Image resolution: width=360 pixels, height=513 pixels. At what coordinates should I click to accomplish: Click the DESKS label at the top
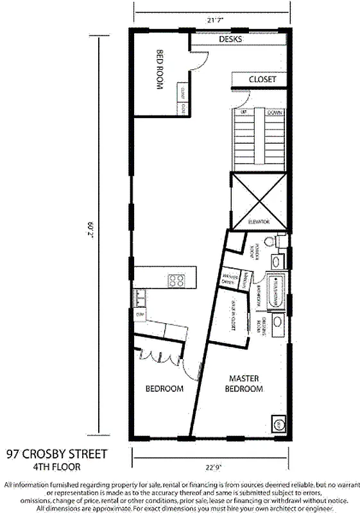pyautogui.click(x=231, y=39)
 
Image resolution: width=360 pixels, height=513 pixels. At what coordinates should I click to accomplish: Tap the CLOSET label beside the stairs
pyautogui.click(x=262, y=80)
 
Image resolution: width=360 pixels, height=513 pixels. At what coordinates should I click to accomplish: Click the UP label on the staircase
pyautogui.click(x=244, y=112)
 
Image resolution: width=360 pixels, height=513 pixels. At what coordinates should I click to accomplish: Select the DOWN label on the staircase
pyautogui.click(x=274, y=112)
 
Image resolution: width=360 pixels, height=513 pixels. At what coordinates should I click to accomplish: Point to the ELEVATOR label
pyautogui.click(x=260, y=222)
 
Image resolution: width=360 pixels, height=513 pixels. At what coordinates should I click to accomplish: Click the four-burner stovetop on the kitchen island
pyautogui.click(x=176, y=280)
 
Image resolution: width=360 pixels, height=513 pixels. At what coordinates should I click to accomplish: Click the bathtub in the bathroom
pyautogui.click(x=277, y=292)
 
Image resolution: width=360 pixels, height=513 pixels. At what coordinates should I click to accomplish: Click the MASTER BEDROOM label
pyautogui.click(x=245, y=383)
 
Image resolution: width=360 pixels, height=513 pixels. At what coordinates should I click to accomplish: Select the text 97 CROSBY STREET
pyautogui.click(x=57, y=455)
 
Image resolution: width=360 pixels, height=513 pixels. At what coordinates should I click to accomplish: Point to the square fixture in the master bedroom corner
pyautogui.click(x=279, y=424)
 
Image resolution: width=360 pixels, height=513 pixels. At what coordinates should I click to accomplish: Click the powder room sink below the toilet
pyautogui.click(x=277, y=262)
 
